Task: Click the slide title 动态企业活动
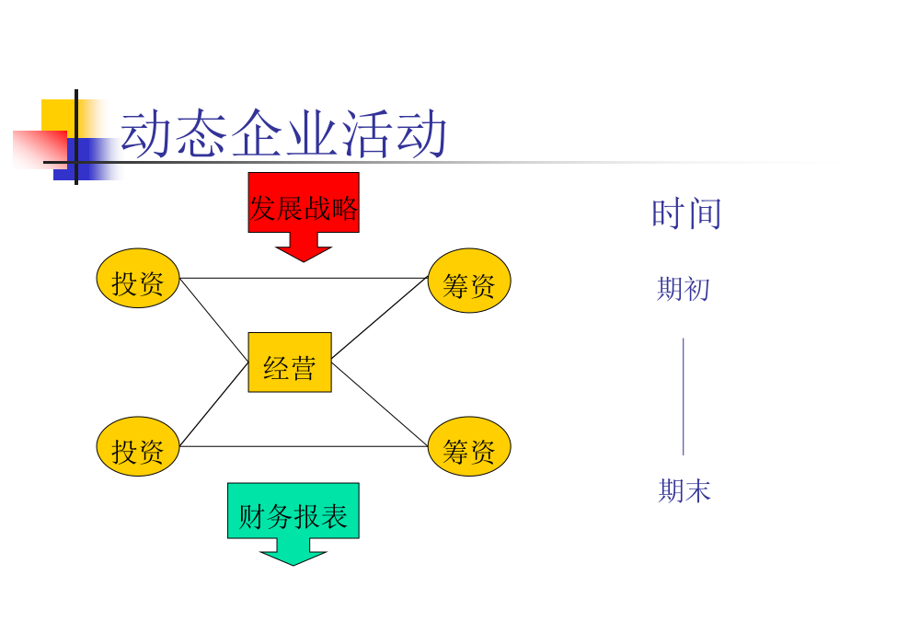tap(283, 133)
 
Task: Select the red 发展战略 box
tap(304, 202)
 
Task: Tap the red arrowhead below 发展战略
tap(304, 250)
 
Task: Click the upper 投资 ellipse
tap(138, 278)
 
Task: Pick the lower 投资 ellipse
tap(138, 446)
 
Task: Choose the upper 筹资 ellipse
tap(469, 281)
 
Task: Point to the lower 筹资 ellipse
tap(469, 446)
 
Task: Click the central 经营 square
tap(290, 362)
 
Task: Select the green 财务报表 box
tap(293, 511)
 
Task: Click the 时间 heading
tap(686, 213)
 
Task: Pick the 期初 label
tap(684, 289)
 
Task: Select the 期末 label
tap(684, 490)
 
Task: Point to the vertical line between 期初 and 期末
tap(683, 397)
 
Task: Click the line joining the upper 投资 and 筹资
tap(304, 279)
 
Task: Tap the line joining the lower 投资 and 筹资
tap(304, 446)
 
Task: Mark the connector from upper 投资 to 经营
tap(214, 320)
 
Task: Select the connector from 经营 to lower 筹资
tap(380, 404)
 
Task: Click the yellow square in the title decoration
tap(58, 116)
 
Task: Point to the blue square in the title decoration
tap(88, 159)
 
